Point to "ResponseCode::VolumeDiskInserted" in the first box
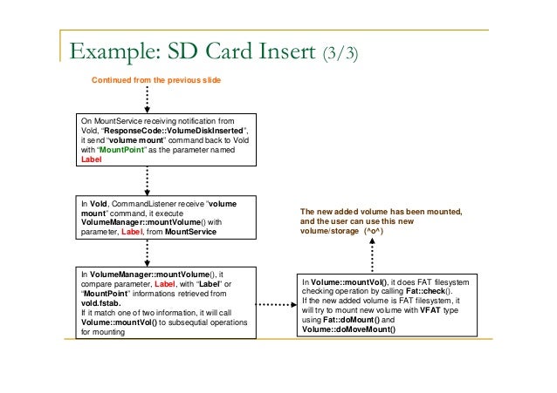(164, 130)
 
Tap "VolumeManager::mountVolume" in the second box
(128, 222)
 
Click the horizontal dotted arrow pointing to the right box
(273, 306)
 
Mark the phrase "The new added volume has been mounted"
(381, 213)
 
